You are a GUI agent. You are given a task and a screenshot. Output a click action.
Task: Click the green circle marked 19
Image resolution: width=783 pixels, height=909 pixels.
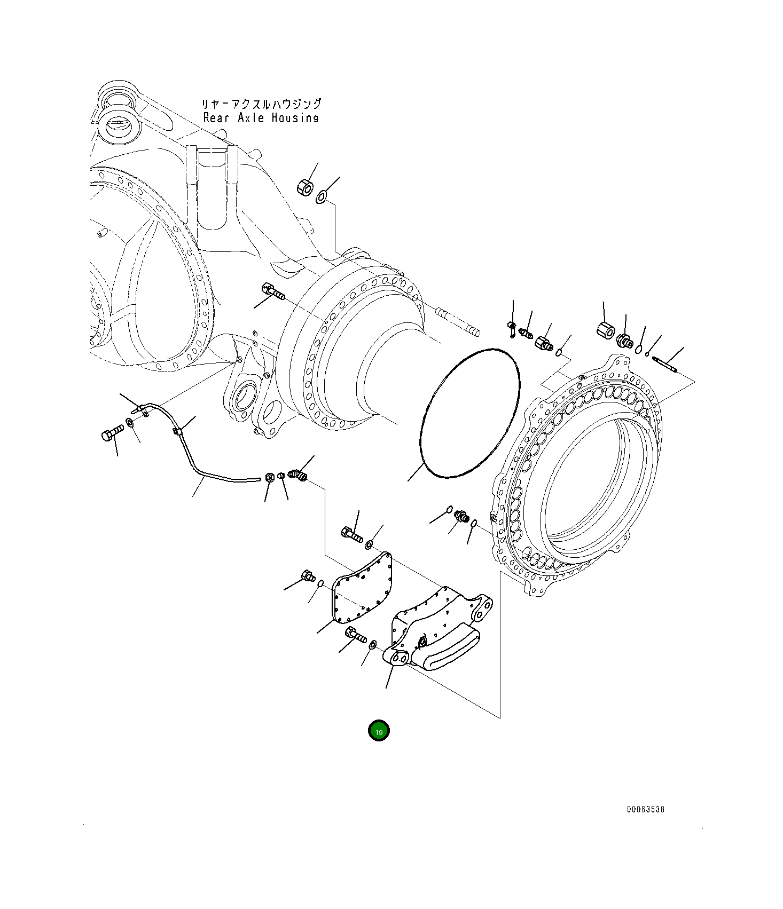pos(379,731)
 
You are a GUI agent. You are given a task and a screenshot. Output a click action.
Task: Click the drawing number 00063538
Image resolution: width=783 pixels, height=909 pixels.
pos(645,809)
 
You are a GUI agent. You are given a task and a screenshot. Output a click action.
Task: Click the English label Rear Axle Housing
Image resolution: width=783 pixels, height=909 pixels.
pos(261,118)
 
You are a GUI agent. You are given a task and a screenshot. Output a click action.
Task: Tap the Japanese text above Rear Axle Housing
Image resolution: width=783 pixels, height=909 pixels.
pos(261,104)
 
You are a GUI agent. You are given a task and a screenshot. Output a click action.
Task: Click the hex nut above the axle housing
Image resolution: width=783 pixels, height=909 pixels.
pos(304,187)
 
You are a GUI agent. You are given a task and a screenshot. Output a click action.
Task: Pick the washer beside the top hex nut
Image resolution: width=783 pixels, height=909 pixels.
pos(321,197)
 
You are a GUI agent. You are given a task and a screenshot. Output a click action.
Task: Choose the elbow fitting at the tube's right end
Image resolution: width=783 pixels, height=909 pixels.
pos(297,474)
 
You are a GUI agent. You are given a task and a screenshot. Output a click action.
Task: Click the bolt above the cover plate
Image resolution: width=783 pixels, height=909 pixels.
pos(351,533)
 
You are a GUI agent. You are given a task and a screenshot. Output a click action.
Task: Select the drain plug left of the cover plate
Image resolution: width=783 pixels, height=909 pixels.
pos(308,576)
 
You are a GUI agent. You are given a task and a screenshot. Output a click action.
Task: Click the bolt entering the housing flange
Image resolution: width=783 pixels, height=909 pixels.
pos(272,291)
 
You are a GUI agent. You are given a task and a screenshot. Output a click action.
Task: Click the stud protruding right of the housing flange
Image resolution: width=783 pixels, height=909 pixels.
pos(458,322)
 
